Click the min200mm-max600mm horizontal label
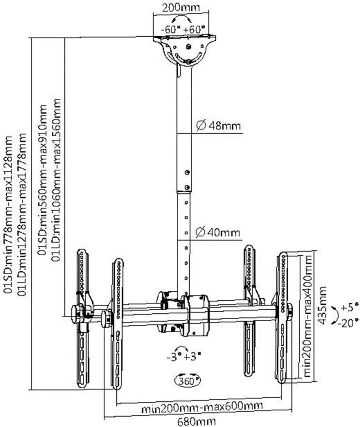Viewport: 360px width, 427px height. tap(203, 406)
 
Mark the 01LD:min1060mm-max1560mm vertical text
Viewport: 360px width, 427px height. tap(57, 180)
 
